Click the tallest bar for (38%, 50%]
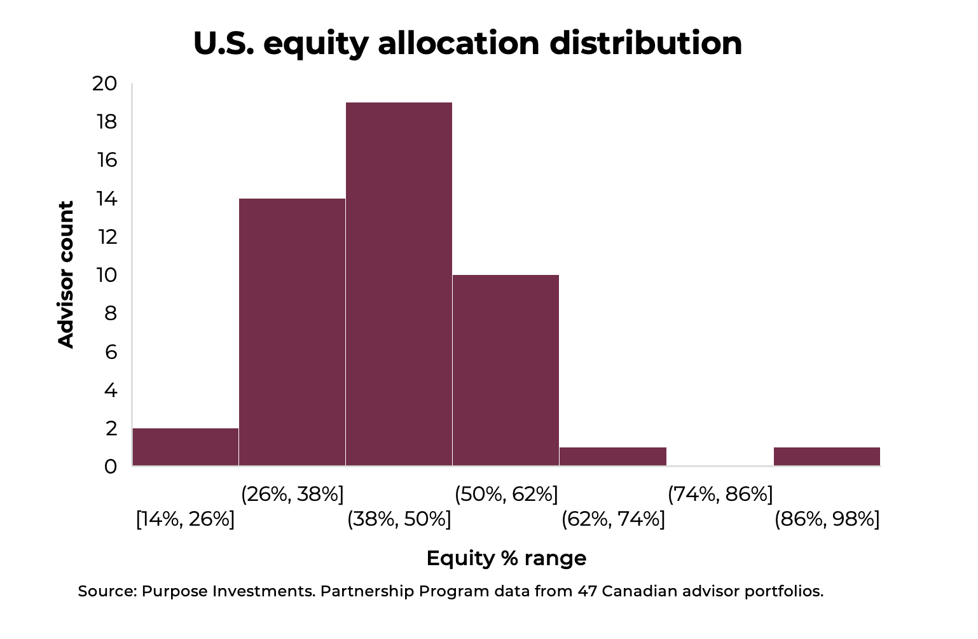click(399, 283)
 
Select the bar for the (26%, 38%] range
click(292, 332)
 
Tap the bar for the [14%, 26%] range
click(185, 447)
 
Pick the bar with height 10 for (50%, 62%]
click(506, 370)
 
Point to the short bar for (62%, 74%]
click(613, 456)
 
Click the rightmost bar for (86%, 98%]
click(827, 456)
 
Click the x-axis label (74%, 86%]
click(720, 493)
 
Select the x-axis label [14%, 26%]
click(185, 519)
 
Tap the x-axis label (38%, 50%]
click(399, 519)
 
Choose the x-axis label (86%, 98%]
click(827, 519)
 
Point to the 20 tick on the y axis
click(105, 83)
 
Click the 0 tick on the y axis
click(111, 467)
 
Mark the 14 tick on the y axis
click(106, 199)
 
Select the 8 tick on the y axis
click(111, 313)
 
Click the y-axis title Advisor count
click(66, 274)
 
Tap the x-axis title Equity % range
click(506, 558)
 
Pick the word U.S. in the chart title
click(224, 43)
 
